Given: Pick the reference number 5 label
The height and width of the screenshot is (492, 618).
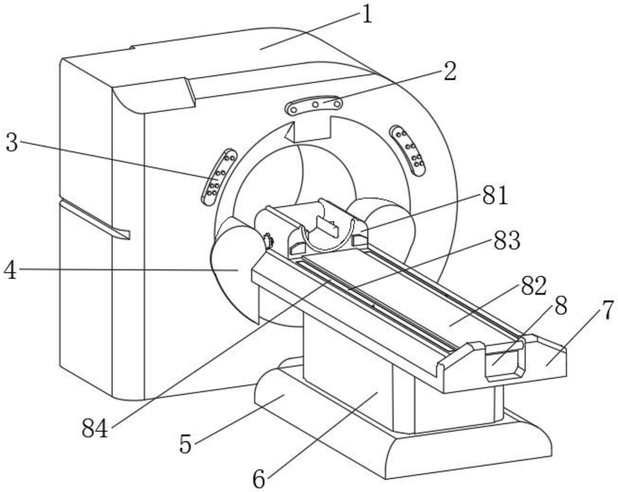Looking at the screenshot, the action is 186,443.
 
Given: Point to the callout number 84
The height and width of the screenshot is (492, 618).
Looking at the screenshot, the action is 95,428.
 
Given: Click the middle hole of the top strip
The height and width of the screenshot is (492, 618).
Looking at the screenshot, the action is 316,104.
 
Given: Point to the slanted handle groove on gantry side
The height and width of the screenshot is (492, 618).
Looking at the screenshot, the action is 95,219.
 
